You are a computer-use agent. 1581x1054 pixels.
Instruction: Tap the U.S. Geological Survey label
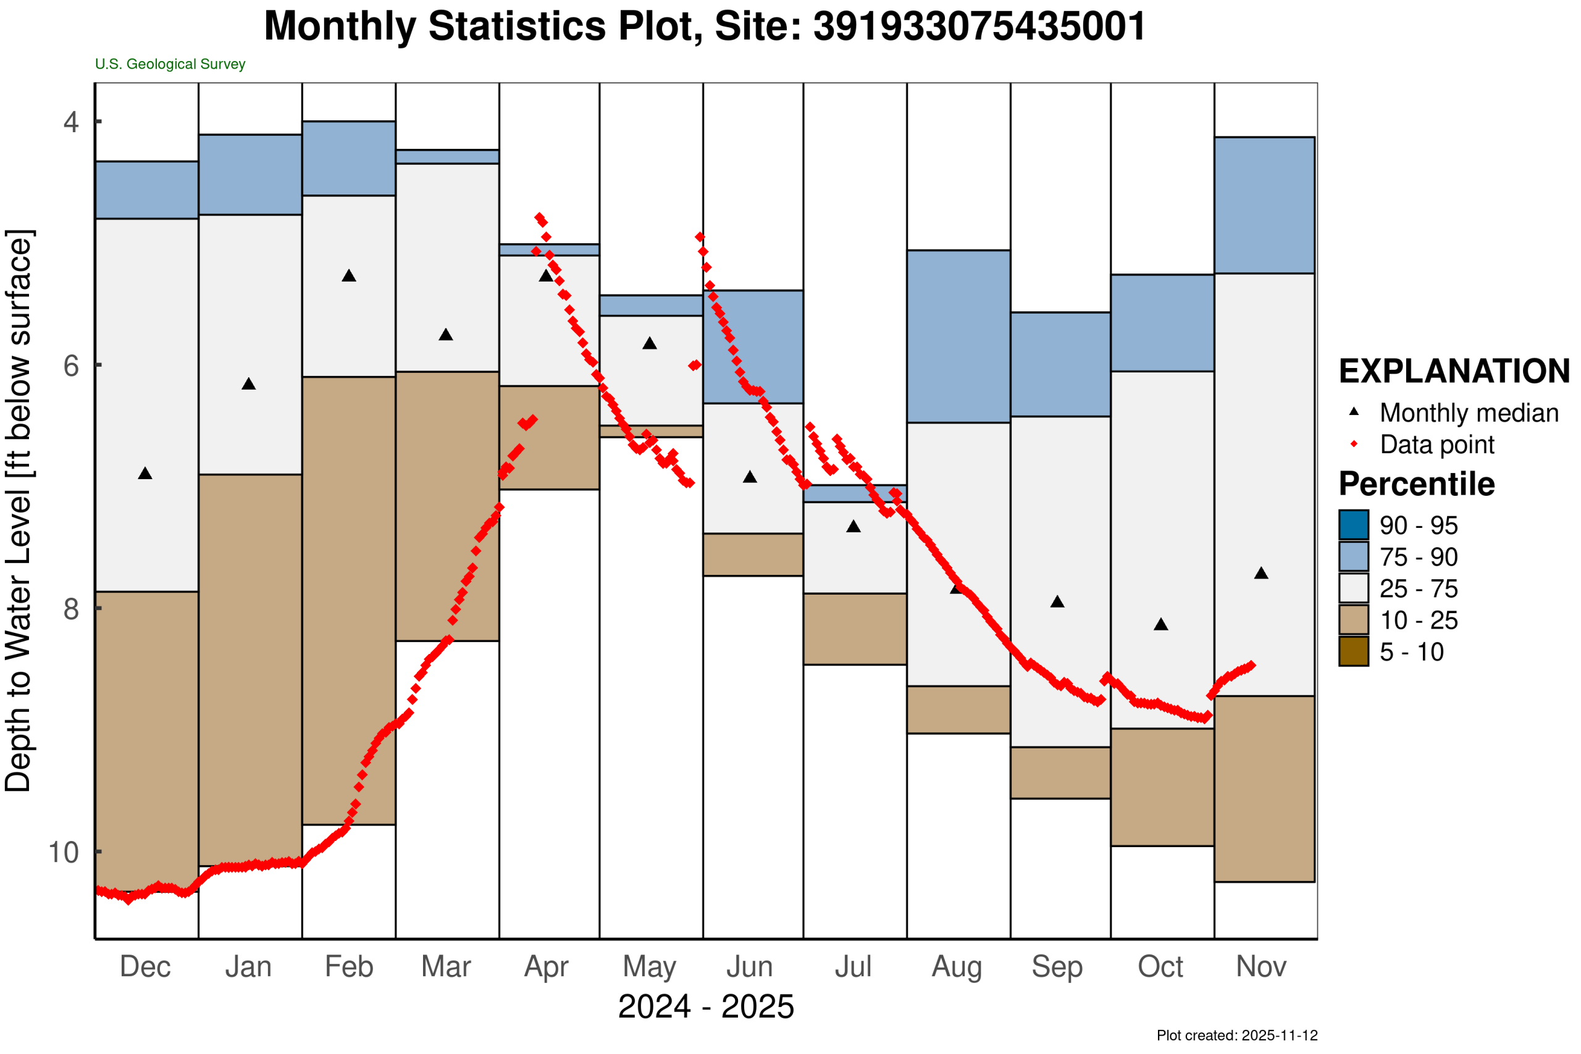[170, 64]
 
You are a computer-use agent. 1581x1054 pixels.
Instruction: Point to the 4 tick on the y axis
[70, 122]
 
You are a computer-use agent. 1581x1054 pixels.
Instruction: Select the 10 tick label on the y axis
[64, 852]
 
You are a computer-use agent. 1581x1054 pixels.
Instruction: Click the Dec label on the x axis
[145, 966]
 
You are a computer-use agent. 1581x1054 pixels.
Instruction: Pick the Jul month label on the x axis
[853, 966]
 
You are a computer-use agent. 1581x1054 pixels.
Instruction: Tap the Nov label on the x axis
[1261, 966]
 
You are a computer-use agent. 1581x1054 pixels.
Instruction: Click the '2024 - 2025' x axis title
[706, 1007]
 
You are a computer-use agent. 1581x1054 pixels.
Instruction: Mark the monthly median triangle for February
[349, 275]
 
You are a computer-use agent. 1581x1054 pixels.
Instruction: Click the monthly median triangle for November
[1261, 574]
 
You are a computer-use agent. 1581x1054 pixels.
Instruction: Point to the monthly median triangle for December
[145, 474]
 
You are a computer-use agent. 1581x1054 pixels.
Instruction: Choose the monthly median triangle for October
[1161, 624]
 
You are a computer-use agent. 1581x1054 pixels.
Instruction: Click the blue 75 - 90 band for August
[958, 336]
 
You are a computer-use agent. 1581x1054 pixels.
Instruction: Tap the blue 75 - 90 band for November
[1264, 205]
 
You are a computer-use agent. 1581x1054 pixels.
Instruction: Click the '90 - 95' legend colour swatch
[1353, 525]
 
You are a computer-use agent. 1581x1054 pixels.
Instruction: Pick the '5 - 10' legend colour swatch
[1353, 651]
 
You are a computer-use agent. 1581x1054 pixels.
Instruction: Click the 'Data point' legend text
[1437, 445]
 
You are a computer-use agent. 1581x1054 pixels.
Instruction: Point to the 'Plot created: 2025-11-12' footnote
[1237, 1035]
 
